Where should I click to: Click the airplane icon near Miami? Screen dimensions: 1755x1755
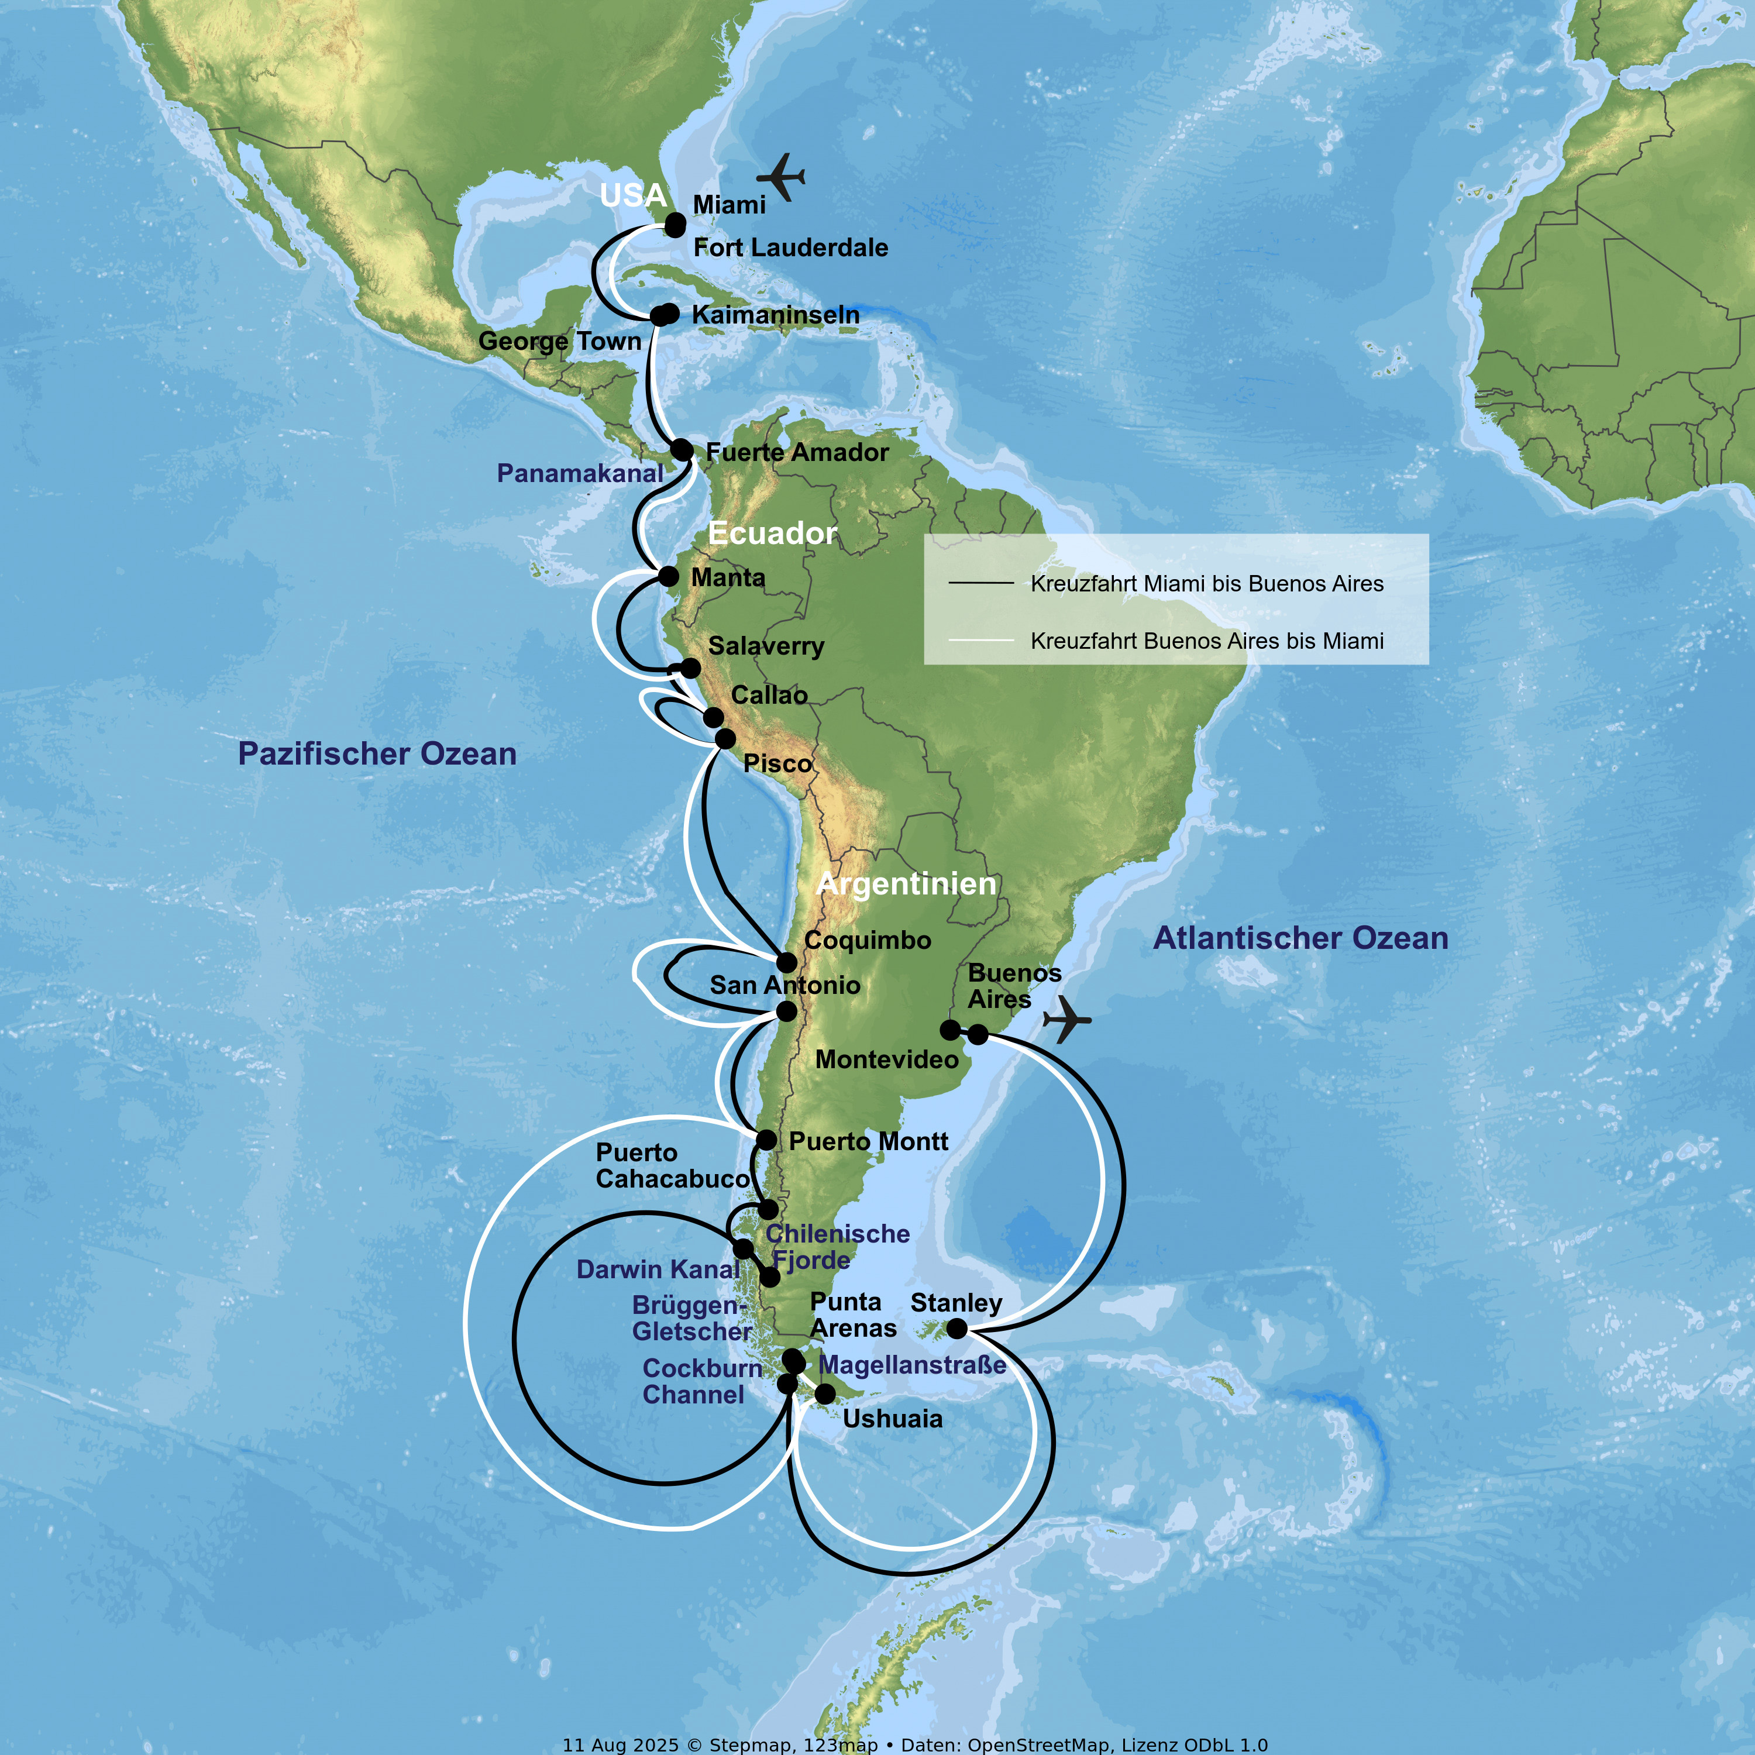[781, 176]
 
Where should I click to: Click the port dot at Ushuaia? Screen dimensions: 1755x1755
[825, 1393]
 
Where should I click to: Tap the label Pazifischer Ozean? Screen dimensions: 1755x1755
[377, 754]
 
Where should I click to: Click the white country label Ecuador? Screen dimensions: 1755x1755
[772, 533]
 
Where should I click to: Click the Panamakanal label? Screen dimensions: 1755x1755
[580, 473]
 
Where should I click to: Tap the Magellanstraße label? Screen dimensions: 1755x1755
[912, 1364]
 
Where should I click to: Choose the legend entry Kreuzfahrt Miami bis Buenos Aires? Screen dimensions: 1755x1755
[1206, 583]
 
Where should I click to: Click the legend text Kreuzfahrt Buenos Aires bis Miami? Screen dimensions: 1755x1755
[1206, 641]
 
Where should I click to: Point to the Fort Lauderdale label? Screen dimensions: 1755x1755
[790, 247]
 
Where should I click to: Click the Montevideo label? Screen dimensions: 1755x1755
[887, 1059]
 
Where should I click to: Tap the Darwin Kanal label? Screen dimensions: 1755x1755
[658, 1269]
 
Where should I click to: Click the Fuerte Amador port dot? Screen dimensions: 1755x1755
[682, 450]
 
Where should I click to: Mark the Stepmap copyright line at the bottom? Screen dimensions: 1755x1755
[915, 1744]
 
